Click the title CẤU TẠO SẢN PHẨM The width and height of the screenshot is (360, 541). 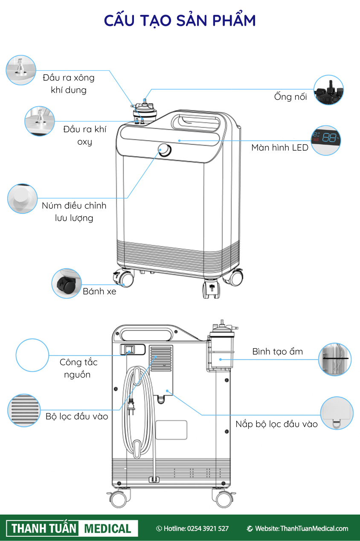pyautogui.click(x=180, y=20)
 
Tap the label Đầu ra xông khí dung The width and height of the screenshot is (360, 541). pyautogui.click(x=69, y=84)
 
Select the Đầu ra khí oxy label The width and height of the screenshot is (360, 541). pyautogui.click(x=84, y=135)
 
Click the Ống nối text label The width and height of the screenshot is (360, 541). pyautogui.click(x=290, y=97)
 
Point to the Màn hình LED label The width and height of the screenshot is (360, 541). pyautogui.click(x=279, y=148)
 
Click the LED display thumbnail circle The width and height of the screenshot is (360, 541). pyautogui.click(x=326, y=140)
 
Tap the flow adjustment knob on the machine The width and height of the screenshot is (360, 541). pyautogui.click(x=163, y=149)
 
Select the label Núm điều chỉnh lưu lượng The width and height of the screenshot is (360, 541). pyautogui.click(x=74, y=212)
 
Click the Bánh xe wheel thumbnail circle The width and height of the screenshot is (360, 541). pyautogui.click(x=67, y=283)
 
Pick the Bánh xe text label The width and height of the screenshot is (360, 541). pyautogui.click(x=99, y=292)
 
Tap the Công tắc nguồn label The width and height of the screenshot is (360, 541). pyautogui.click(x=78, y=368)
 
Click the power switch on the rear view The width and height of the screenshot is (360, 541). pyautogui.click(x=130, y=350)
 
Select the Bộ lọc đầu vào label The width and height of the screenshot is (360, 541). pyautogui.click(x=77, y=416)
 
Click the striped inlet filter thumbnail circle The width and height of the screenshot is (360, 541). pyautogui.click(x=24, y=410)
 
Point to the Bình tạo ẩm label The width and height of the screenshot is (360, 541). pyautogui.click(x=277, y=352)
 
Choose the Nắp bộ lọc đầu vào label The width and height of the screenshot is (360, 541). pyautogui.click(x=276, y=424)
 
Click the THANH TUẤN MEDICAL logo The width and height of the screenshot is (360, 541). pyautogui.click(x=72, y=528)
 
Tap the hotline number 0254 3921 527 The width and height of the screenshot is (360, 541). pyautogui.click(x=208, y=529)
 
